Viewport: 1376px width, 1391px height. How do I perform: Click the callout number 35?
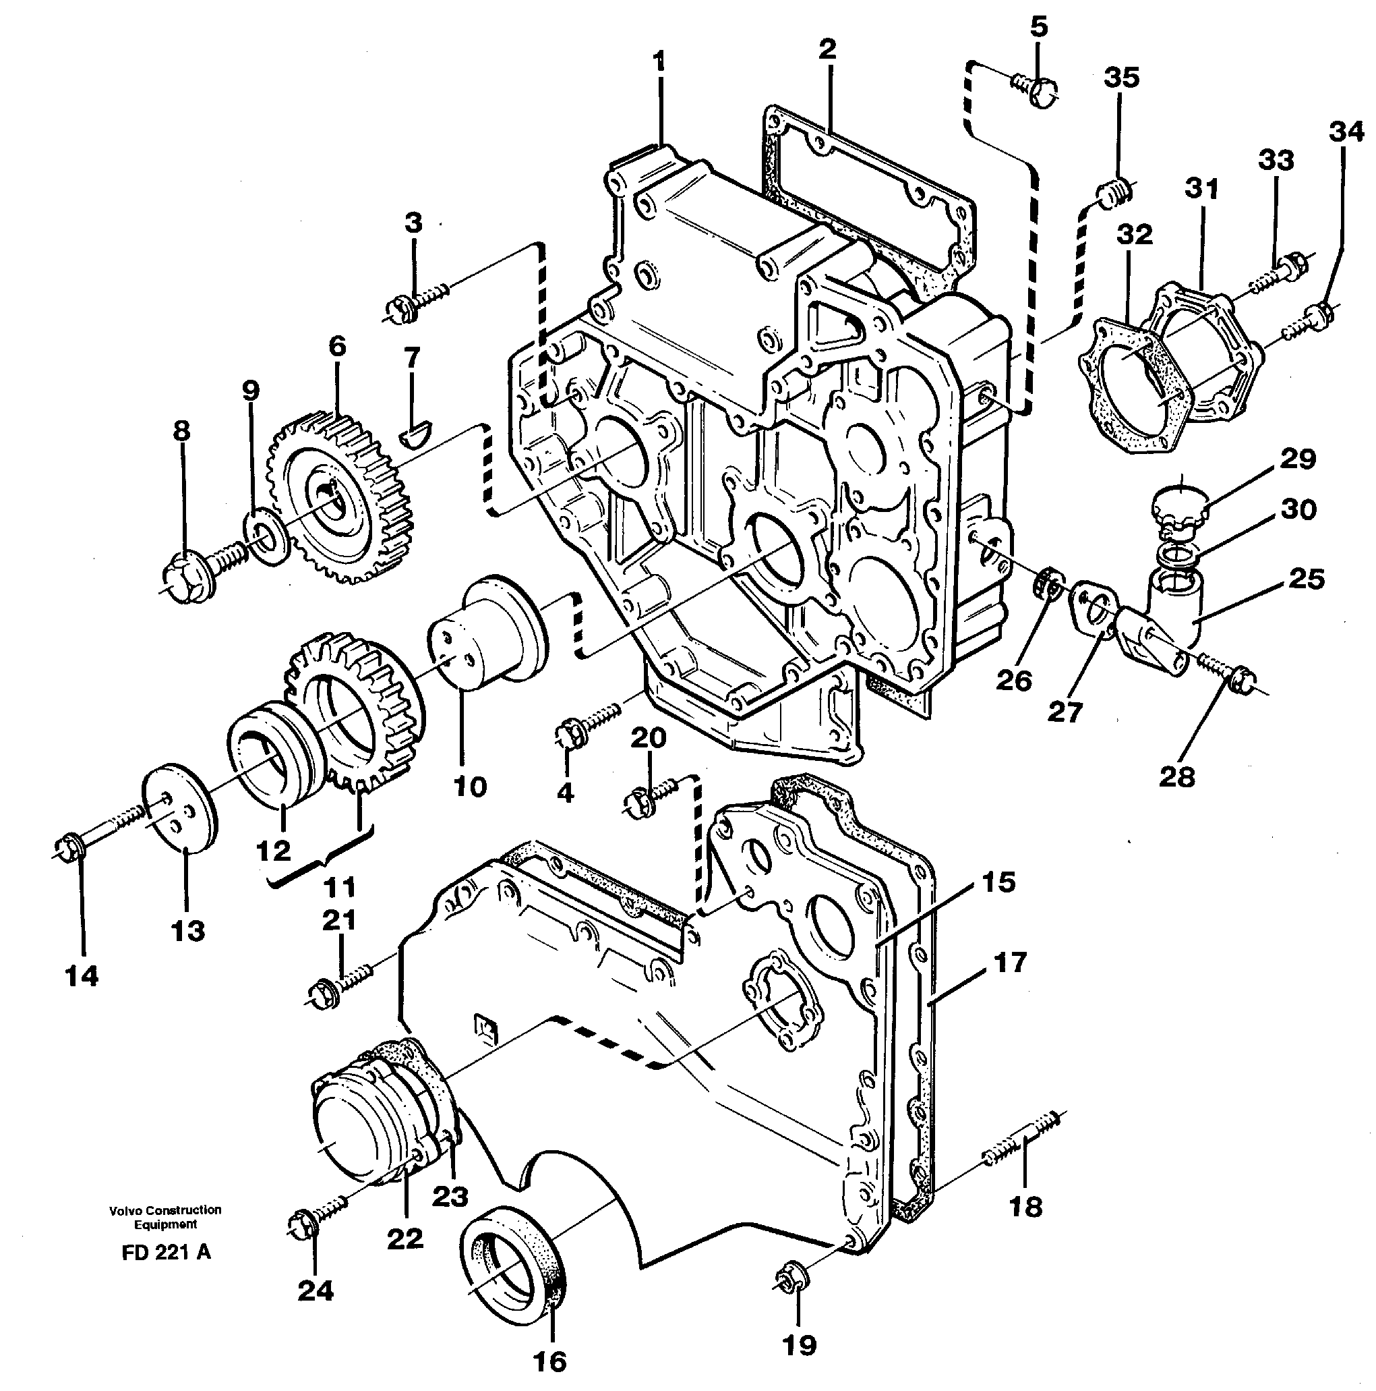pos(1121,78)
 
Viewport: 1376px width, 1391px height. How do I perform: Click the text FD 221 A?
pos(167,1252)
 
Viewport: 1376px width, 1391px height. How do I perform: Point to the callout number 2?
pos(827,50)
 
